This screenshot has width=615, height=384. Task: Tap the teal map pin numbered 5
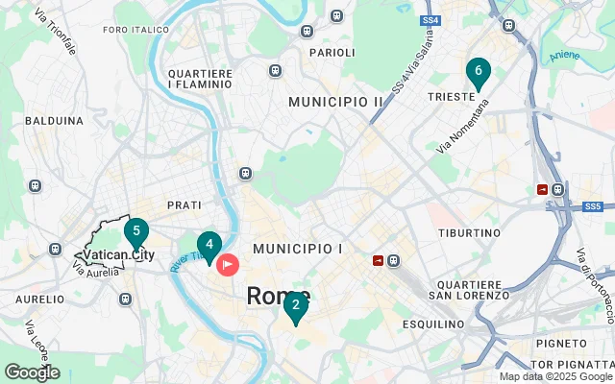pyautogui.click(x=136, y=231)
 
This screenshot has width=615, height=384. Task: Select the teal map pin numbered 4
pyautogui.click(x=209, y=245)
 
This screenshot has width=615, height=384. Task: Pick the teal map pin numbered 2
pyautogui.click(x=295, y=306)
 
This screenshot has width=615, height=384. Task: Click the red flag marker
pyautogui.click(x=228, y=263)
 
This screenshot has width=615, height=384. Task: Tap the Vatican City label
pyautogui.click(x=118, y=254)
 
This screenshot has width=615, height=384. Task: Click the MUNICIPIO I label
pyautogui.click(x=298, y=249)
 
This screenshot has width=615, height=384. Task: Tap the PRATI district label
pyautogui.click(x=184, y=205)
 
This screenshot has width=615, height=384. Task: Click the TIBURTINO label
pyautogui.click(x=470, y=233)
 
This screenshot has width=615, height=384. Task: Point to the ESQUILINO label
pyautogui.click(x=432, y=324)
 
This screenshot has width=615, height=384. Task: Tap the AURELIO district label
pyautogui.click(x=39, y=300)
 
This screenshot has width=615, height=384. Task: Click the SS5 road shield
pyautogui.click(x=592, y=205)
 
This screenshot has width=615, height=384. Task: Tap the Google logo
pyautogui.click(x=32, y=372)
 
